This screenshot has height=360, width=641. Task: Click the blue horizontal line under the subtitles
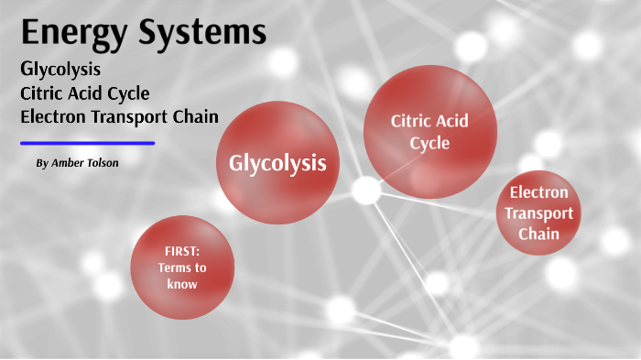(x=87, y=143)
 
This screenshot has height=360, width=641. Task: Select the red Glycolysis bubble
(x=277, y=164)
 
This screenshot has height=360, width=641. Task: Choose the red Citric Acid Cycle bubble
(x=429, y=132)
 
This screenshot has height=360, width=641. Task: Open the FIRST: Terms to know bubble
(x=181, y=267)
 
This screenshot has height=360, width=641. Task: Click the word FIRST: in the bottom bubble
(x=181, y=251)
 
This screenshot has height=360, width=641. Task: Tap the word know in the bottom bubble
(x=181, y=284)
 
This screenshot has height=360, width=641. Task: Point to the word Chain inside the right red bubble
(x=539, y=234)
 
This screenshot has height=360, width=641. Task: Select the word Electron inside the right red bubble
(x=539, y=193)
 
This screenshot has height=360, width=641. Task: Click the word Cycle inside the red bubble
(x=429, y=143)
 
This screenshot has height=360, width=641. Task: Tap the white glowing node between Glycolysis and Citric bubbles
(x=366, y=191)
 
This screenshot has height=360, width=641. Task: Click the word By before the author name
(x=41, y=163)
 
